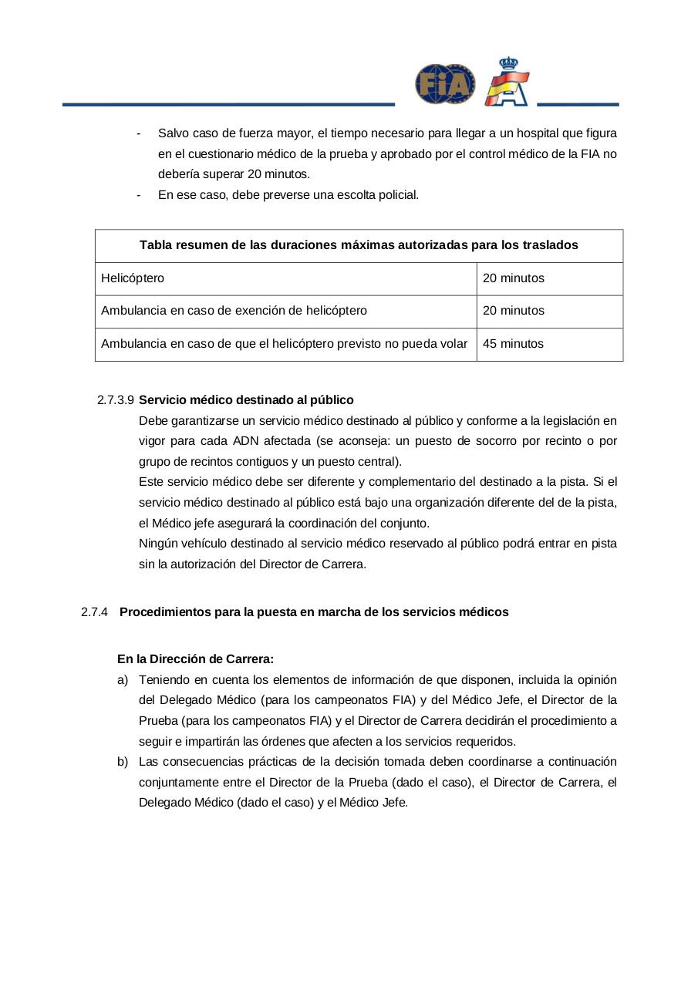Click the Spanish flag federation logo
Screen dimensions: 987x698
(507, 83)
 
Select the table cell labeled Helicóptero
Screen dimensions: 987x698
(133, 278)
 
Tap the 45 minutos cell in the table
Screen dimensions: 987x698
(513, 344)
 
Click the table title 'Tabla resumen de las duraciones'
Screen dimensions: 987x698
(359, 245)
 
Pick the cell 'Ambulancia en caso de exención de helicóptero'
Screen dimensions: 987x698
(234, 311)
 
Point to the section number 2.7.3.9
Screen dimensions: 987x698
(116, 400)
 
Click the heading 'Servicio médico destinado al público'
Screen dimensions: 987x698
(246, 400)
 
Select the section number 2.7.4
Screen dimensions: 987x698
(93, 612)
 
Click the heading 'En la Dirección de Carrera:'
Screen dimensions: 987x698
(195, 659)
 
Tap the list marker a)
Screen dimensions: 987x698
(123, 680)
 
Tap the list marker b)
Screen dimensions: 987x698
(123, 762)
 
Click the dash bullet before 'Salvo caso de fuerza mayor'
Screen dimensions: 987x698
(138, 133)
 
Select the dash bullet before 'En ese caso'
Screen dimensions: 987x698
(138, 195)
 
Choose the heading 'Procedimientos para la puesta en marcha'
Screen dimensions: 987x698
(314, 612)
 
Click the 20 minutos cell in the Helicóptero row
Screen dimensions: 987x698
(513, 278)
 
